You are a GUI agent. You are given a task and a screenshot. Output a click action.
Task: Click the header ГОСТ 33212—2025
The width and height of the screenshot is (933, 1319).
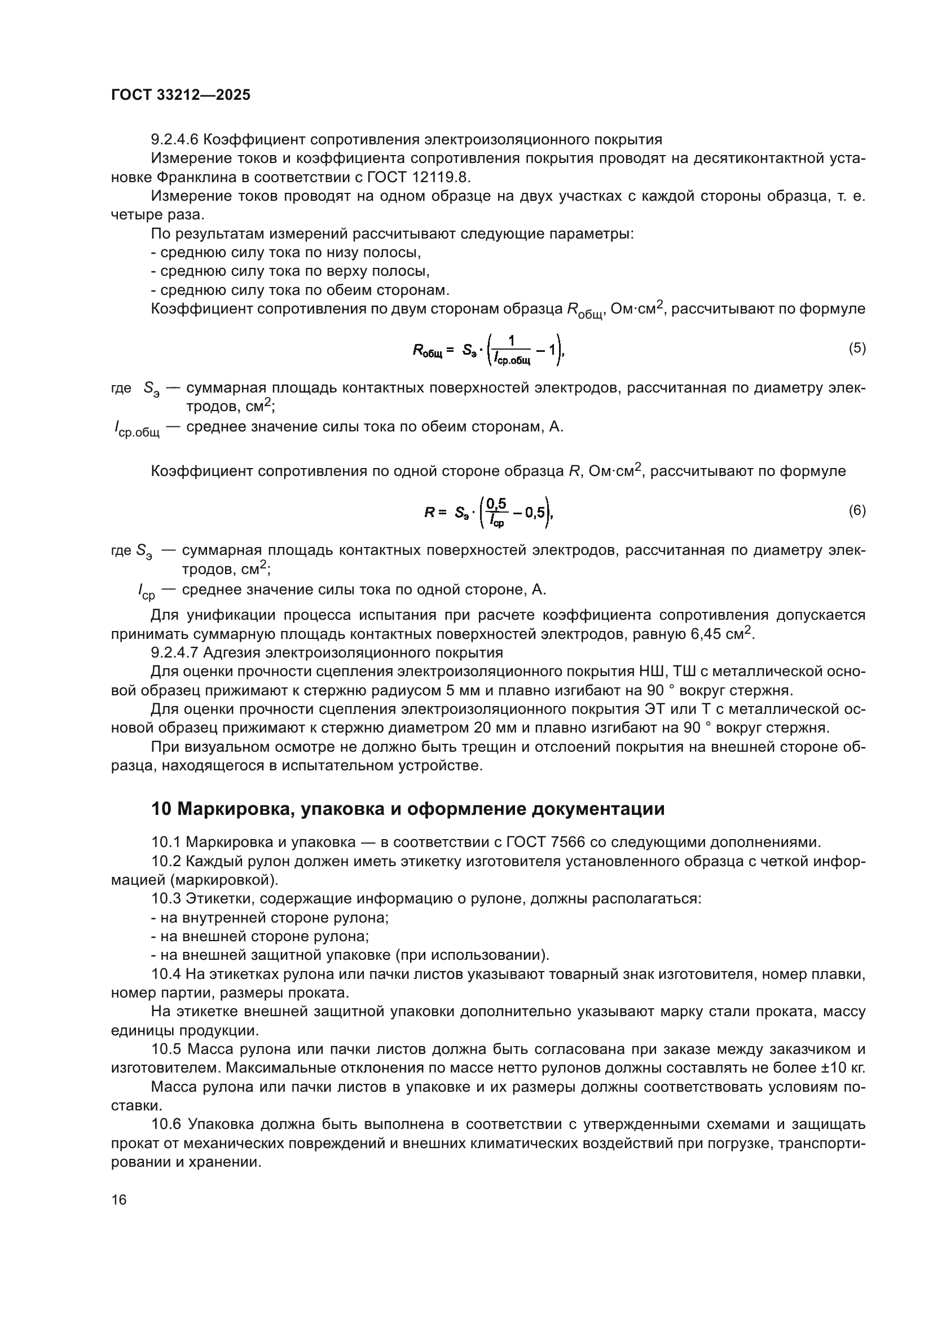181,95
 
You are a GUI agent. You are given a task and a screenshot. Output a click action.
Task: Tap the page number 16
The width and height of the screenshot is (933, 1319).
119,1199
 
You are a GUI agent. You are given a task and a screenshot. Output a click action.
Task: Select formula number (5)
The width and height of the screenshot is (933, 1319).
857,348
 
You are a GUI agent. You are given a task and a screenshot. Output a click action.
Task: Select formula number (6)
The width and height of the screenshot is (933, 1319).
857,511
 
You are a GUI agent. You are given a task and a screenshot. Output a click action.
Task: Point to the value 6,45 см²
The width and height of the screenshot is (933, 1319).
719,634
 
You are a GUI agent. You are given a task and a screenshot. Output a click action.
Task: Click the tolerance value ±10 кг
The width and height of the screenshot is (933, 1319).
842,1069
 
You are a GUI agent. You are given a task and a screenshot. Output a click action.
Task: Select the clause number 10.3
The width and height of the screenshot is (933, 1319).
166,898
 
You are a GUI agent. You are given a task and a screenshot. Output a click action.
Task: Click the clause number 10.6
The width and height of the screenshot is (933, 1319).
166,1124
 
